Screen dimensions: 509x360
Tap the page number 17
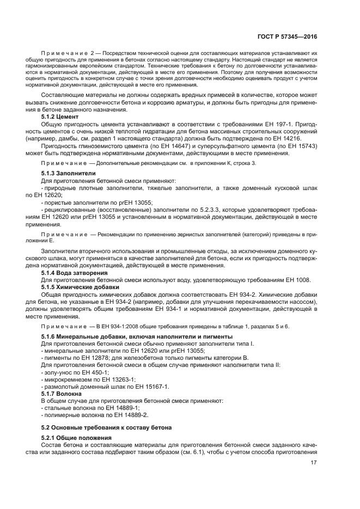tap(313, 463)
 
